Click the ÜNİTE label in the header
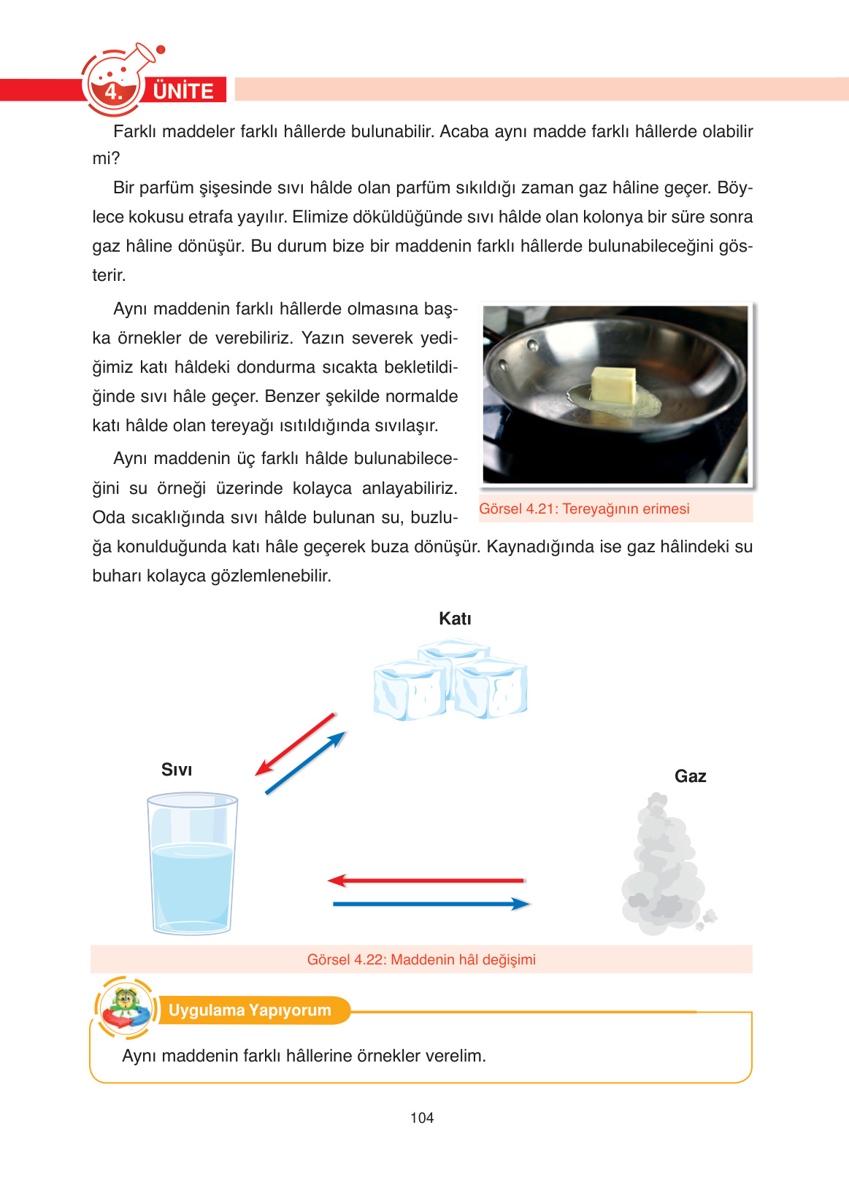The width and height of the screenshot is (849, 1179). [183, 91]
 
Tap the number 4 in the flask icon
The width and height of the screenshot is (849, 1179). [112, 93]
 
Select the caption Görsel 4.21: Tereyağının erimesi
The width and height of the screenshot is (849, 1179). [584, 509]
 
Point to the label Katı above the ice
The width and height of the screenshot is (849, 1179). [455, 619]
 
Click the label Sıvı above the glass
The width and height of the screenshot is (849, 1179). [177, 770]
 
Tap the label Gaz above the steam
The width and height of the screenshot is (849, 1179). [690, 776]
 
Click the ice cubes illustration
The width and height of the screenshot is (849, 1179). [450, 681]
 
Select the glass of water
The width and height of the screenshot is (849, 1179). [192, 864]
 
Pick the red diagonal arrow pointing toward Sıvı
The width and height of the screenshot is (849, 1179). [295, 744]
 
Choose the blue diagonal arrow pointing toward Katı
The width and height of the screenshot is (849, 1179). [305, 762]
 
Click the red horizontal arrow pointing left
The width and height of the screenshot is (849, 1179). [426, 881]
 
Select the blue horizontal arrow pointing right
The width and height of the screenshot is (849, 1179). [431, 904]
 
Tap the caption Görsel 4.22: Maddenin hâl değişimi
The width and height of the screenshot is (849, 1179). [421, 959]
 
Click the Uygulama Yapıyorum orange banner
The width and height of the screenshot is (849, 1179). [250, 1010]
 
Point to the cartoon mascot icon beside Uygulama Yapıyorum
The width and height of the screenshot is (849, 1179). [126, 1008]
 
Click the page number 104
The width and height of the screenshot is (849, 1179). [422, 1118]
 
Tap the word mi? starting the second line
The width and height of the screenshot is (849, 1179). [106, 158]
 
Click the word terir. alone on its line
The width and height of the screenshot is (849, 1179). [109, 275]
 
